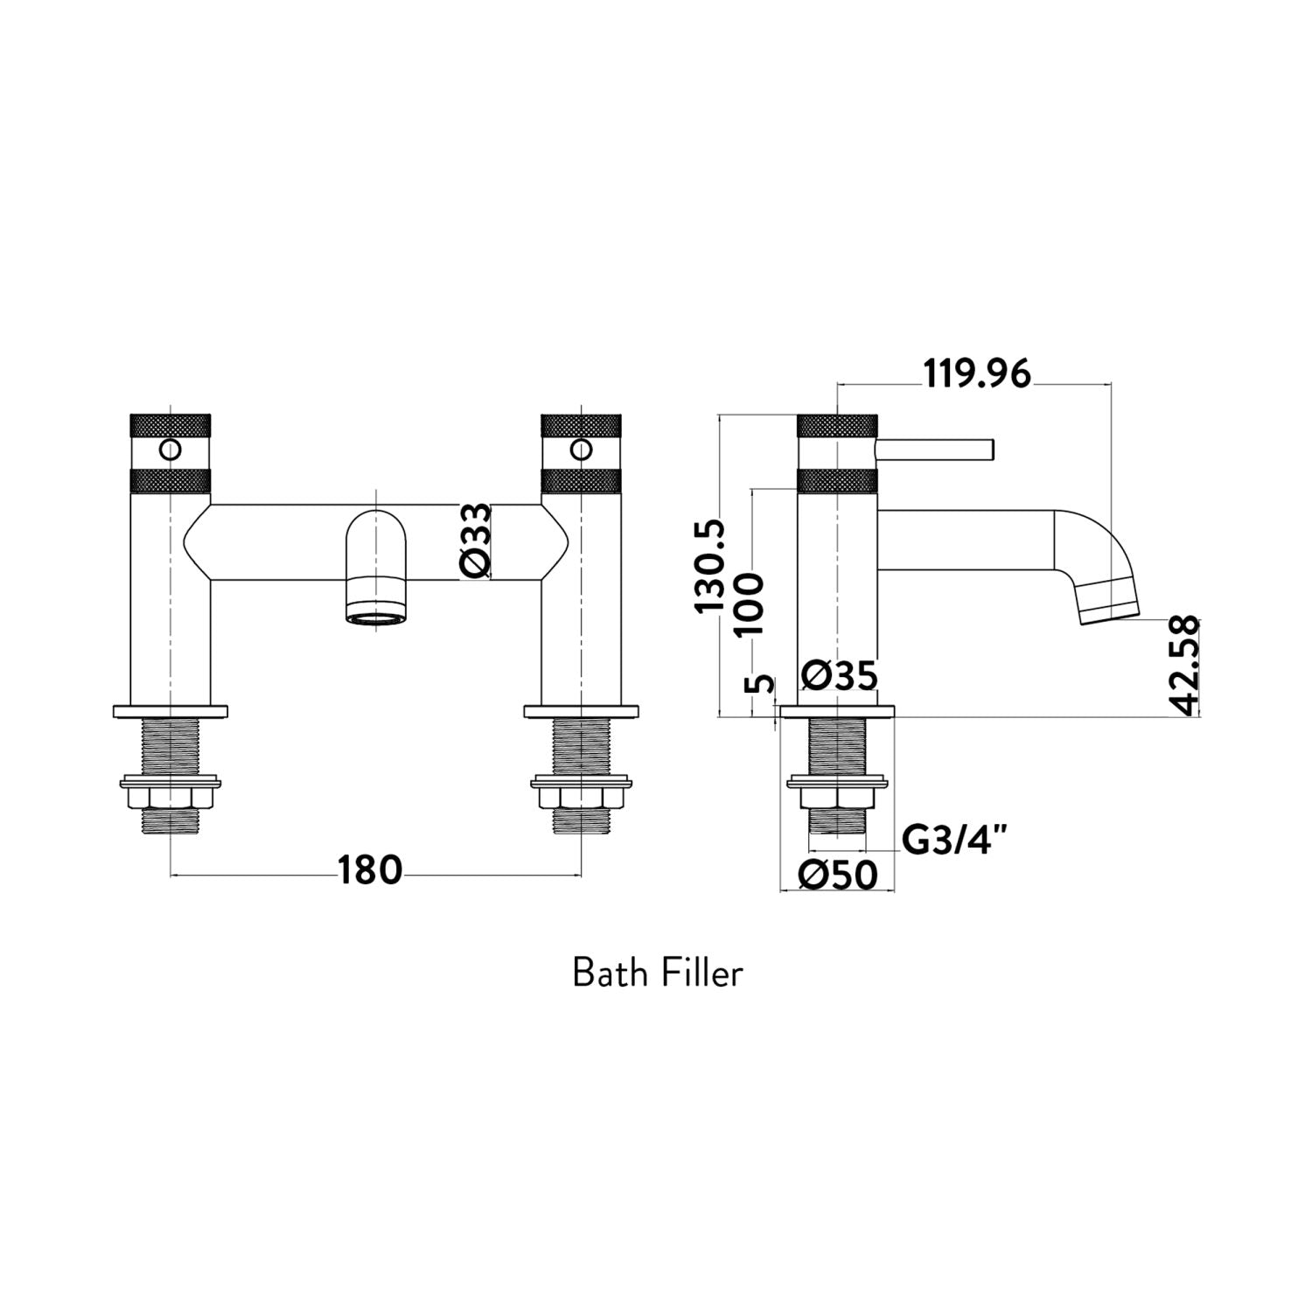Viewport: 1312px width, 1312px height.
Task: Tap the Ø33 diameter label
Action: [x=476, y=541]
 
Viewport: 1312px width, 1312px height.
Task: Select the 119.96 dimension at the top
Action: [x=977, y=375]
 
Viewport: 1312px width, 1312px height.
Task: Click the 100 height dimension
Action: [x=750, y=604]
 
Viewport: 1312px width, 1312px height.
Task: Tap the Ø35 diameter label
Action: [x=840, y=676]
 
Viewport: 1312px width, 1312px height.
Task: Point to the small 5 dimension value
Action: [x=764, y=683]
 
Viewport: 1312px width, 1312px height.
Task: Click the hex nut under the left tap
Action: [x=170, y=799]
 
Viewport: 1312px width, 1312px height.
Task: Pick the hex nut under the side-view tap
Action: [x=837, y=799]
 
